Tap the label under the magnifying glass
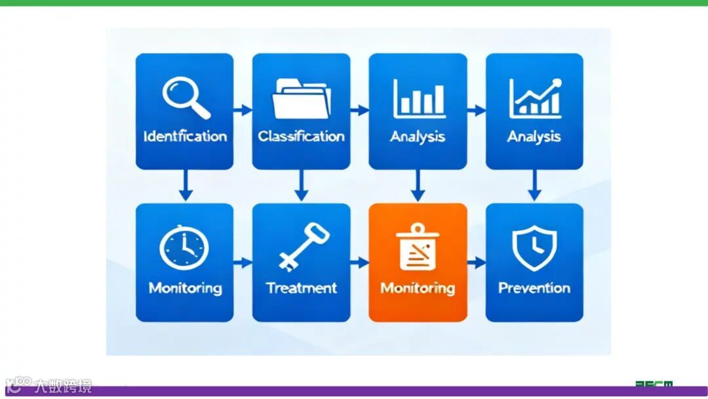click(x=185, y=136)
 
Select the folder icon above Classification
click(x=301, y=98)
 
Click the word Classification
click(x=301, y=136)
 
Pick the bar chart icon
click(x=418, y=98)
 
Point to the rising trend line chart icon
click(x=535, y=98)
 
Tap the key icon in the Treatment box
click(x=302, y=247)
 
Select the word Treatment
click(x=302, y=287)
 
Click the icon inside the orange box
click(x=418, y=247)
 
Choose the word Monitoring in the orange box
click(x=418, y=287)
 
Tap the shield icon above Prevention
click(x=534, y=248)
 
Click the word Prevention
click(x=534, y=287)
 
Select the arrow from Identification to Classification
click(x=243, y=110)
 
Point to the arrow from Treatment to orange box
click(x=359, y=262)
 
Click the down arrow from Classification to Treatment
click(x=301, y=186)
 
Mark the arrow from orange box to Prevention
click(x=477, y=262)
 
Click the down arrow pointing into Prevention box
click(x=534, y=186)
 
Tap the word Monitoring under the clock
click(x=185, y=287)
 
